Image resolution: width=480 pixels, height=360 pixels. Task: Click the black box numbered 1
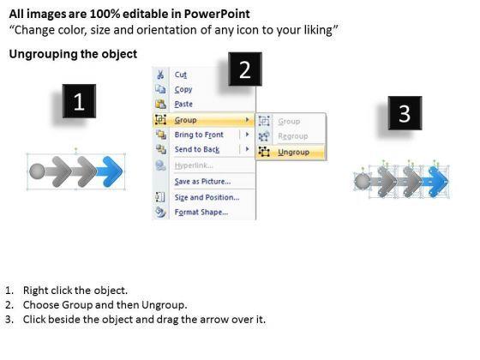(79, 101)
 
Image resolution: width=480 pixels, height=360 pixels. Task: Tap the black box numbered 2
(245, 69)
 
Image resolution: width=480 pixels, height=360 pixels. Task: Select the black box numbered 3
(405, 113)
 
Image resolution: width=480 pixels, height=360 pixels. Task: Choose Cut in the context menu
(180, 75)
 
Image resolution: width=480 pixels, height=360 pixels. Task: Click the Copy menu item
(183, 89)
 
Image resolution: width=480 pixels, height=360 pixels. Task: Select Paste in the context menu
(183, 104)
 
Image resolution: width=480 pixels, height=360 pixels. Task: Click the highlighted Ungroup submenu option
(293, 153)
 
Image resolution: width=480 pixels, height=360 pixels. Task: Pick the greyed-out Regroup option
(292, 136)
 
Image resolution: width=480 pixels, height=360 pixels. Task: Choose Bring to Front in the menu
(199, 135)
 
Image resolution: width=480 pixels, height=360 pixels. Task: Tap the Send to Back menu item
(197, 149)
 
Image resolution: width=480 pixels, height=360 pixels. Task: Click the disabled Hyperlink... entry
(194, 165)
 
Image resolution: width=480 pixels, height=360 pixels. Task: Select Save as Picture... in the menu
(202, 182)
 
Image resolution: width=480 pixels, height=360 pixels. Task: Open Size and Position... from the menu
(207, 197)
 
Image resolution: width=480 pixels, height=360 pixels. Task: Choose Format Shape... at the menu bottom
(201, 213)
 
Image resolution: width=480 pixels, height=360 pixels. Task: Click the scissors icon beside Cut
(160, 75)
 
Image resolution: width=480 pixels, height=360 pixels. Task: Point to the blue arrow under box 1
(110, 171)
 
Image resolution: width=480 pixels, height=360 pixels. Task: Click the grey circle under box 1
(38, 171)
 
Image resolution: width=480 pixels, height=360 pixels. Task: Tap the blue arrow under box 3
(436, 182)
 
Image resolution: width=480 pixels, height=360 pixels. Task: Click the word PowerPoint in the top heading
(217, 14)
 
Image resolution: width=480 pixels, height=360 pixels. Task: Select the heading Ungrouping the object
(73, 54)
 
